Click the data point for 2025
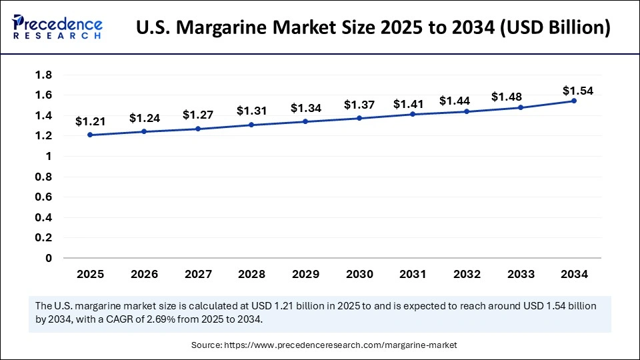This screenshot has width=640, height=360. pyautogui.click(x=90, y=135)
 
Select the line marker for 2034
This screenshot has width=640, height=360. pyautogui.click(x=573, y=101)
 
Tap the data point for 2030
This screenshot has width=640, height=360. pyautogui.click(x=359, y=118)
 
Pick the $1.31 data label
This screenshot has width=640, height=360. pyautogui.click(x=251, y=110)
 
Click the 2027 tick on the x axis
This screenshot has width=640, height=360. pyautogui.click(x=197, y=274)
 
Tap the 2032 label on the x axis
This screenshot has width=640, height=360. pyautogui.click(x=466, y=274)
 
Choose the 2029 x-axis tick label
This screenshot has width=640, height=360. pyautogui.click(x=305, y=274)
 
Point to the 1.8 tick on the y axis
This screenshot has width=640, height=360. pyautogui.click(x=44, y=75)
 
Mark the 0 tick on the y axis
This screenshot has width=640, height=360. pyautogui.click(x=48, y=258)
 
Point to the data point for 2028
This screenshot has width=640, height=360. pyautogui.click(x=251, y=125)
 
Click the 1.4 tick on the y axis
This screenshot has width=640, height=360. pyautogui.click(x=44, y=115)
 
